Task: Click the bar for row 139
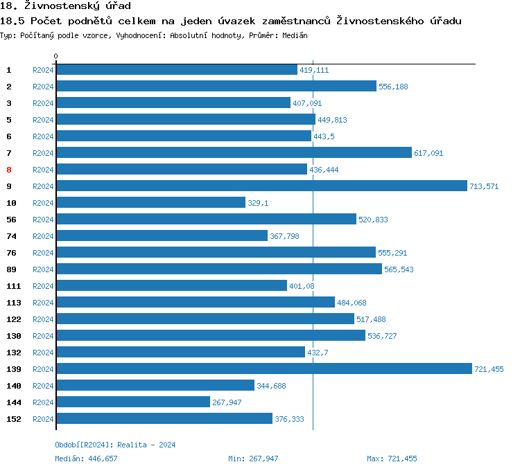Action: (263, 368)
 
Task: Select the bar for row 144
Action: (133, 402)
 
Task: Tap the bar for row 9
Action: (261, 186)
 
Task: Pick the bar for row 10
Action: (150, 202)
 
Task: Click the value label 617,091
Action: (428, 153)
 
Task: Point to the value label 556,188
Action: (393, 87)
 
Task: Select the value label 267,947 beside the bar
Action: (227, 402)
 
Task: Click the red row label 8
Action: (9, 170)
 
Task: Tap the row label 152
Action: (13, 419)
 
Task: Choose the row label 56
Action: (11, 220)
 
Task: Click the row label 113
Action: (13, 303)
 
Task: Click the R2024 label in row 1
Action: (43, 70)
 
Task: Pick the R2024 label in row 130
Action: (43, 336)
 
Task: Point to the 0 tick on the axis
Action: (56, 56)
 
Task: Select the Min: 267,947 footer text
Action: (253, 459)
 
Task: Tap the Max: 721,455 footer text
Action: (392, 459)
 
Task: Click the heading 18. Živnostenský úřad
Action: (65, 6)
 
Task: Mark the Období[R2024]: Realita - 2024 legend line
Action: (115, 445)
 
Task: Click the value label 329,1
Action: (258, 203)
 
